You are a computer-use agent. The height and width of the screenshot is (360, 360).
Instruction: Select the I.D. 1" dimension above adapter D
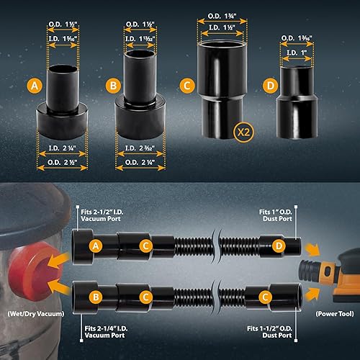tap(297, 53)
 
